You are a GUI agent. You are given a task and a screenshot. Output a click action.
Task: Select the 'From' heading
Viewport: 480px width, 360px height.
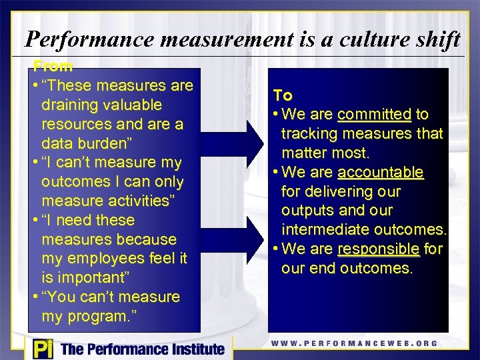53,66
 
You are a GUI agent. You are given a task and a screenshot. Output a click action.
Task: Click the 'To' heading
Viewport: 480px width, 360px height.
283,95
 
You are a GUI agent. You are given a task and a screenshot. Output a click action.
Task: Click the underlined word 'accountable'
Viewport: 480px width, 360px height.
381,173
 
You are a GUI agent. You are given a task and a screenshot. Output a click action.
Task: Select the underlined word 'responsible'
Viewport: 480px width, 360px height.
379,249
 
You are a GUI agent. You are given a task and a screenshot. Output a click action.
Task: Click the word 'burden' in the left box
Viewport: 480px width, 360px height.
109,143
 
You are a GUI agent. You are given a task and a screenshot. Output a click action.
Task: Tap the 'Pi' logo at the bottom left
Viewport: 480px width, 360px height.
41,348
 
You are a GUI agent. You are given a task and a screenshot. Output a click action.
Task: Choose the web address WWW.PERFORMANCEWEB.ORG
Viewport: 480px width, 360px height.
354,344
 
